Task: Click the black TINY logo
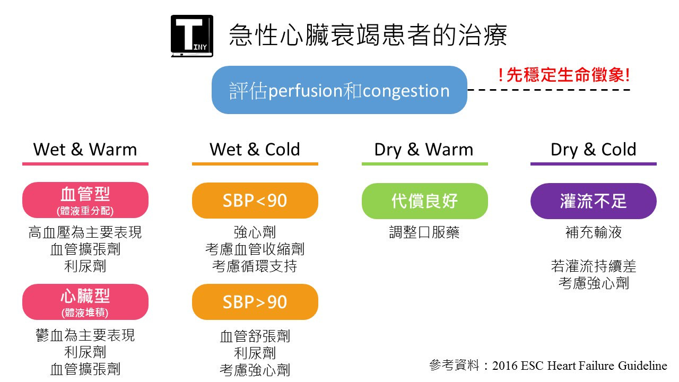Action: tap(192, 36)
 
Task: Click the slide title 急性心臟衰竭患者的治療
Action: tap(368, 35)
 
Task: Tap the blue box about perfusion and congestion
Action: tap(339, 90)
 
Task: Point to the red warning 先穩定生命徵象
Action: tap(564, 75)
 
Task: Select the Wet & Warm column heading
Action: tap(85, 150)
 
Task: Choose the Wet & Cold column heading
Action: tap(255, 150)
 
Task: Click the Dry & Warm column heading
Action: tap(424, 150)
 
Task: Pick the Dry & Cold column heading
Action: tap(593, 150)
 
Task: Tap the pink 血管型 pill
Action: tap(85, 200)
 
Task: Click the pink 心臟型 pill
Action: tap(85, 302)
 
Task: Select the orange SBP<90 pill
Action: tap(255, 201)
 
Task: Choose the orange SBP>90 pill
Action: tap(255, 302)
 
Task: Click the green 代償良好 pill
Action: tap(425, 201)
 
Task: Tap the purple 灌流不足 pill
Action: tap(594, 201)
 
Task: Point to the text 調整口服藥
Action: tap(424, 232)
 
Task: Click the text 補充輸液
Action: tap(594, 232)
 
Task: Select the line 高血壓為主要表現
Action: tap(85, 232)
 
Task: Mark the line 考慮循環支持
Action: tap(255, 266)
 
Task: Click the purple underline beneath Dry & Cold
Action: tap(594, 164)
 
